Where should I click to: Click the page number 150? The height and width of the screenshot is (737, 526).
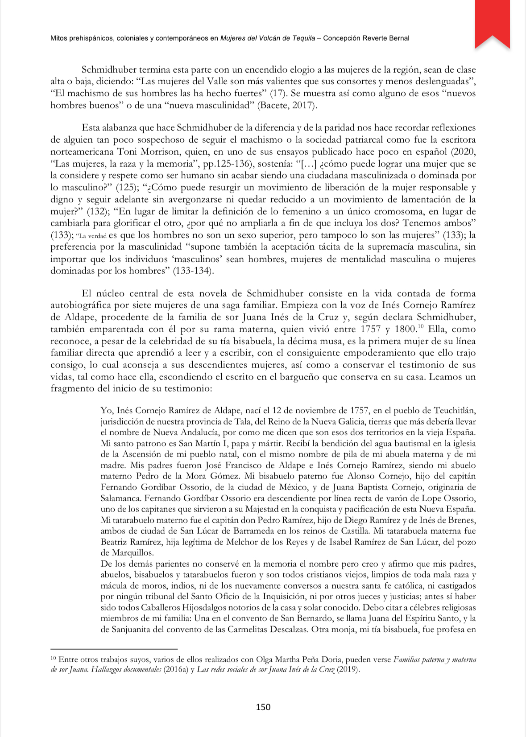[x=263, y=707]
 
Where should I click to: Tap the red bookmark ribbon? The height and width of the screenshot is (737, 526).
[x=492, y=22]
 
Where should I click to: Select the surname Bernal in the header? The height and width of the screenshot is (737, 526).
[x=399, y=38]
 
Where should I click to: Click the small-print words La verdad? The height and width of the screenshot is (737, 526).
[x=91, y=236]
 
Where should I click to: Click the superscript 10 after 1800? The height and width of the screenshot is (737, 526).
[x=421, y=327]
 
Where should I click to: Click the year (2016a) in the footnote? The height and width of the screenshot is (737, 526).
[x=176, y=670]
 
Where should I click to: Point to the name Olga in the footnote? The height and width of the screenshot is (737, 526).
[x=265, y=659]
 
